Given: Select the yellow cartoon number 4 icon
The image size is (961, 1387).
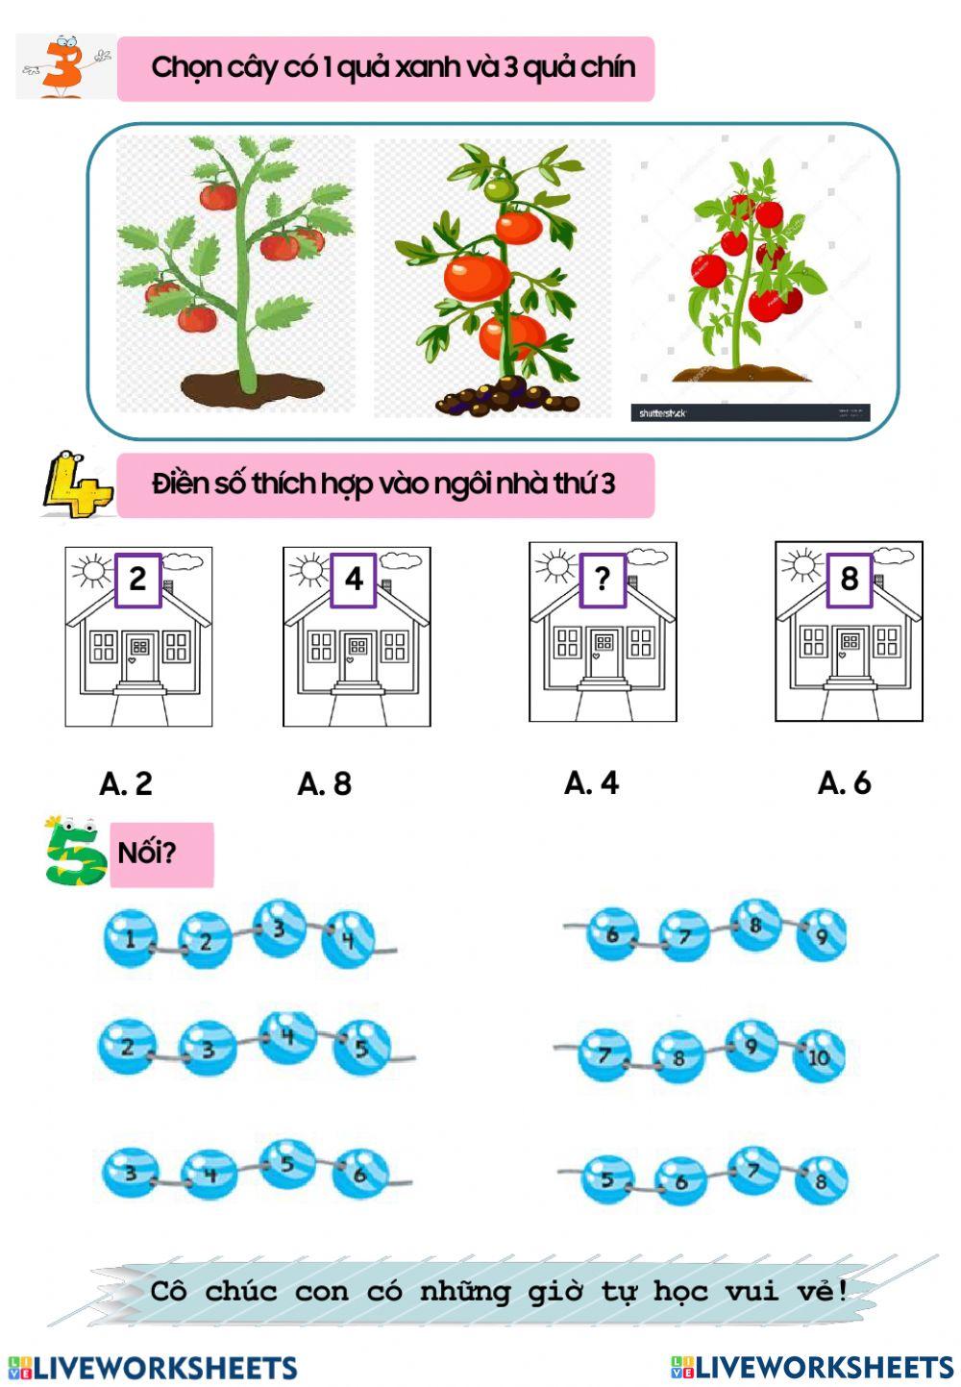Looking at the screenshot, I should click(x=76, y=484).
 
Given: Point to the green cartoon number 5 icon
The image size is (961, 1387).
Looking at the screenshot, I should click(x=76, y=852).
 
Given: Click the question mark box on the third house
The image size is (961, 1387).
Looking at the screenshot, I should click(x=602, y=579).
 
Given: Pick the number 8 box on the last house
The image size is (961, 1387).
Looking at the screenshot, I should click(x=849, y=579).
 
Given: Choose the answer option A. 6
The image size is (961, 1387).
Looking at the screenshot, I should click(x=844, y=783).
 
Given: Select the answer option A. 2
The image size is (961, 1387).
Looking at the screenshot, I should click(x=126, y=784).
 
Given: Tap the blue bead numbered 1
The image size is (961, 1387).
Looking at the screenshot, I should click(x=130, y=938).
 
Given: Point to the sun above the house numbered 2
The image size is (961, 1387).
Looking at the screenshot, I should click(x=93, y=571).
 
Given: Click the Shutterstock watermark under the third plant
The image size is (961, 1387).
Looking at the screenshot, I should click(x=663, y=413).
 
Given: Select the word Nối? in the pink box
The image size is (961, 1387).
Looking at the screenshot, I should click(x=146, y=853).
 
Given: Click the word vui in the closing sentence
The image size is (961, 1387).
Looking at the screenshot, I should click(x=751, y=1291).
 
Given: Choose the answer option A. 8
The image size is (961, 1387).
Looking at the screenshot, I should click(x=325, y=784).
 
